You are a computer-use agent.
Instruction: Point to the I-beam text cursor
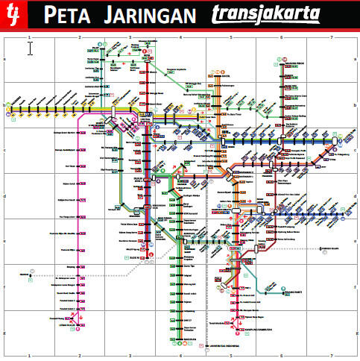pos(30,48)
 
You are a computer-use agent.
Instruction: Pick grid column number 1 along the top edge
pos(28,37)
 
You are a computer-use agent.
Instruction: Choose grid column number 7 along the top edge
pos(332,37)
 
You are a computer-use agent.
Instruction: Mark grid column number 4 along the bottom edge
pos(180,357)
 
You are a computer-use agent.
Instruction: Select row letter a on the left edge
pos(4,59)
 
